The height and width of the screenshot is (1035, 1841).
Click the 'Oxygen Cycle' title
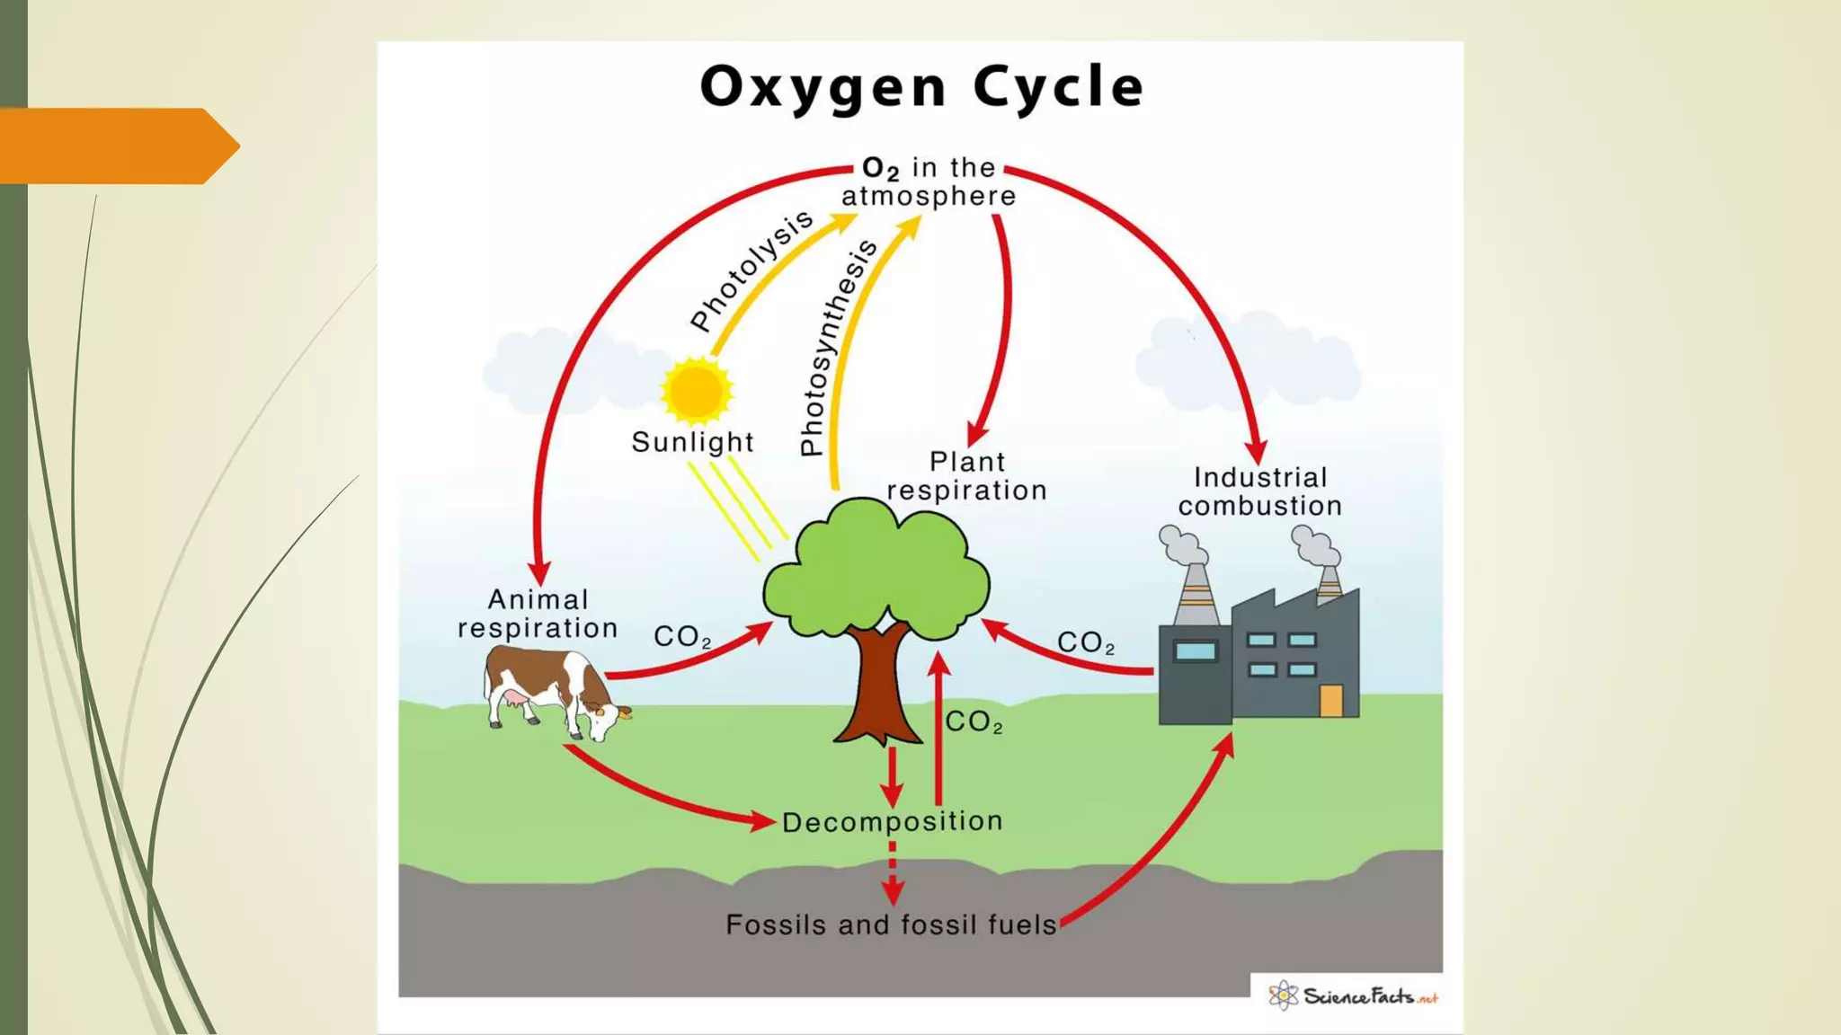click(921, 88)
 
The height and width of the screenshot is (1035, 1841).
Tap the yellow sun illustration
click(697, 391)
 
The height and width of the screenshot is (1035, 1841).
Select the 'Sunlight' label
click(692, 442)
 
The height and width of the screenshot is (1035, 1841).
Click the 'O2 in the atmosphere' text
click(929, 181)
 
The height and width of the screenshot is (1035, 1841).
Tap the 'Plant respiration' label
click(966, 476)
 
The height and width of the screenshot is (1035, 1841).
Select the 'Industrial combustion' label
click(1260, 491)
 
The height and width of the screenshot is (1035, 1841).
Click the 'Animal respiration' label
click(538, 614)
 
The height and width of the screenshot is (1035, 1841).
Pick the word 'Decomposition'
click(892, 822)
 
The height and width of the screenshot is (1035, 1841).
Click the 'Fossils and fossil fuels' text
click(891, 924)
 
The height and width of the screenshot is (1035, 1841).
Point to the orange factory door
click(1331, 701)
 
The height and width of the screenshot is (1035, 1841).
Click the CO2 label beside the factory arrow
click(1086, 642)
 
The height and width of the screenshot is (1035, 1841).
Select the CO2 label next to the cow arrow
click(682, 636)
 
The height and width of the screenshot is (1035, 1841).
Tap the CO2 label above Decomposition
click(974, 721)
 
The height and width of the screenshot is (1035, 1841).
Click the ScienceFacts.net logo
click(1353, 995)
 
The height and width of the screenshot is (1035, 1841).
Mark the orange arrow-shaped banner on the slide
click(120, 146)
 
